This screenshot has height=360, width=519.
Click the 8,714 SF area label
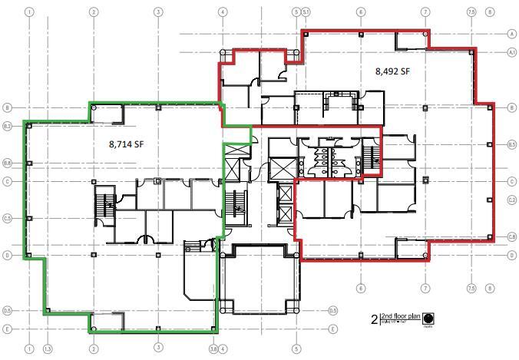[127, 143]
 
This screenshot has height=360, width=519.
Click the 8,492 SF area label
[392, 71]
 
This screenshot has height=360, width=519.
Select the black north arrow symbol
[427, 317]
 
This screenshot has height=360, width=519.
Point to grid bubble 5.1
[306, 12]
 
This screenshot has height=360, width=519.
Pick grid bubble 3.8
[212, 349]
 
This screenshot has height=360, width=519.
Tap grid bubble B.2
[6, 126]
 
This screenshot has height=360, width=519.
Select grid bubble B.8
[6, 163]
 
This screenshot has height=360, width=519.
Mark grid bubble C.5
[6, 219]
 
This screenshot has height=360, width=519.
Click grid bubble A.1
[511, 52]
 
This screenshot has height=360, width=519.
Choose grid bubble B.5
[511, 144]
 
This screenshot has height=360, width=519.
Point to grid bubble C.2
[511, 200]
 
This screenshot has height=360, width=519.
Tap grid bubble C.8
[511, 236]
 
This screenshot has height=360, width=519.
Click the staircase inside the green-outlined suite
[104, 203]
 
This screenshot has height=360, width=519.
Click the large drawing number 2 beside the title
[374, 318]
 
